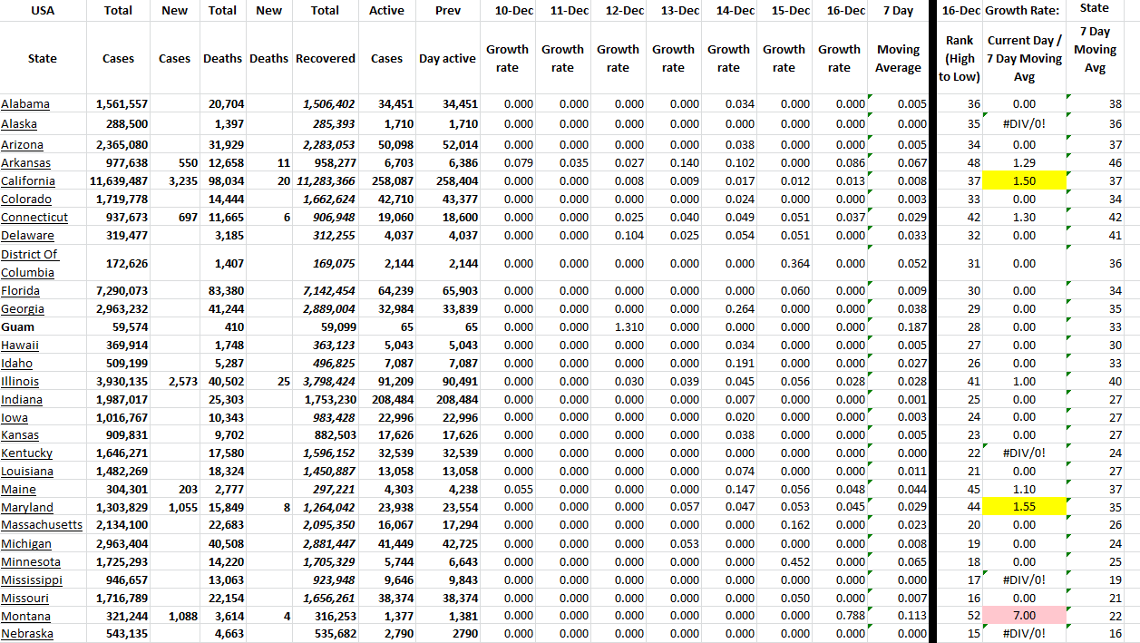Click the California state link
(x=27, y=181)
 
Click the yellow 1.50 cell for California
(x=1024, y=181)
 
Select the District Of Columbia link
(x=29, y=263)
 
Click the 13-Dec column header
(x=674, y=11)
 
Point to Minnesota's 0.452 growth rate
(x=794, y=562)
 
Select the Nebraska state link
(x=26, y=634)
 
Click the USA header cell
(x=43, y=11)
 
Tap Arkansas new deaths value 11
(x=283, y=163)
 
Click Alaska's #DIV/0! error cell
(x=1024, y=123)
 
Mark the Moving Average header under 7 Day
(x=898, y=59)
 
